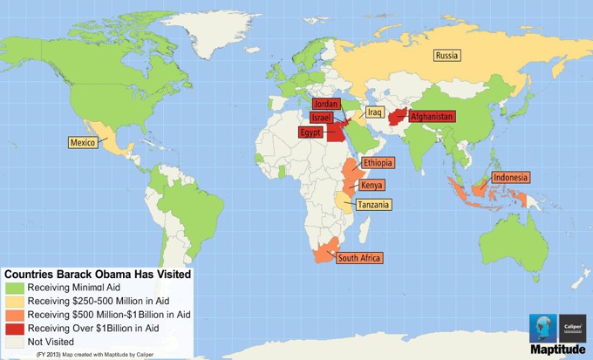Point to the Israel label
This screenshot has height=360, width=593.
point(320,118)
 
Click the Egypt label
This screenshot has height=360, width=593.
point(311,132)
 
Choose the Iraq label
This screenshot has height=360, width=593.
point(374,112)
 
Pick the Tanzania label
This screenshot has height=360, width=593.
point(373,205)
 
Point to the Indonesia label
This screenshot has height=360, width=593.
point(510,178)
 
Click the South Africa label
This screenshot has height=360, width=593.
point(358,258)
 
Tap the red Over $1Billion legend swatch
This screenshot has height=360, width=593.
point(15,328)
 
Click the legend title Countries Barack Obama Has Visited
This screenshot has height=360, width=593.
point(97,274)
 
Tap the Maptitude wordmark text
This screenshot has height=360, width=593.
point(561,350)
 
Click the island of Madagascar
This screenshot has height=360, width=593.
point(380,233)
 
